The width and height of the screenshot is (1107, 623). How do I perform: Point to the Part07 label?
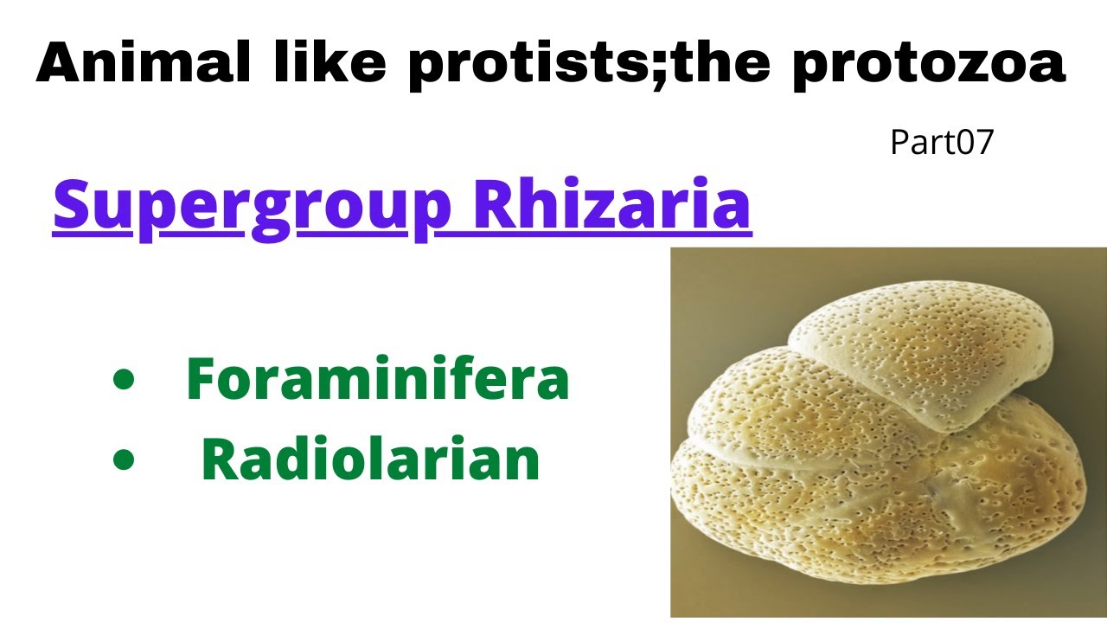(943, 143)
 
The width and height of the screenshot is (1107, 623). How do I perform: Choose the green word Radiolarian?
(370, 460)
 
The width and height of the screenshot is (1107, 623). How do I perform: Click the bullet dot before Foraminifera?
(125, 381)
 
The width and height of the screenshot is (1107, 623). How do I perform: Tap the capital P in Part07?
(899, 143)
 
